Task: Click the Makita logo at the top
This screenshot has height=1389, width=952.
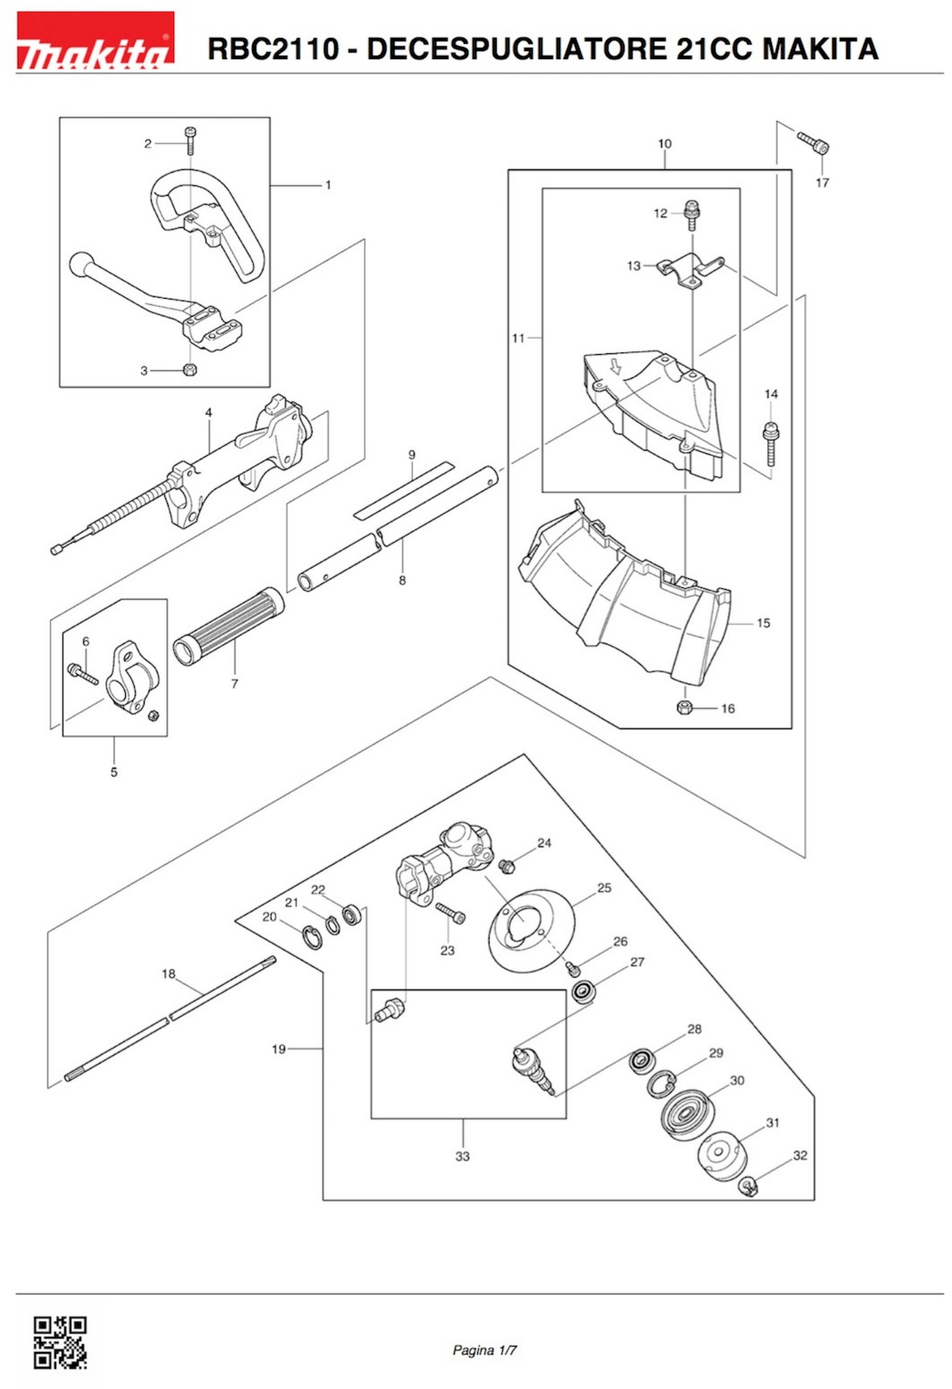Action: point(95,41)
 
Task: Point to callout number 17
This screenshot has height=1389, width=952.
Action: point(822,182)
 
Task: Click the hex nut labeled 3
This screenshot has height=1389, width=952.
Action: point(190,370)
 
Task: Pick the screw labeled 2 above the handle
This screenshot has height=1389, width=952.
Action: point(191,141)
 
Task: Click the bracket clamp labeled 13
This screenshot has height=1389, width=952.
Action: point(691,271)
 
